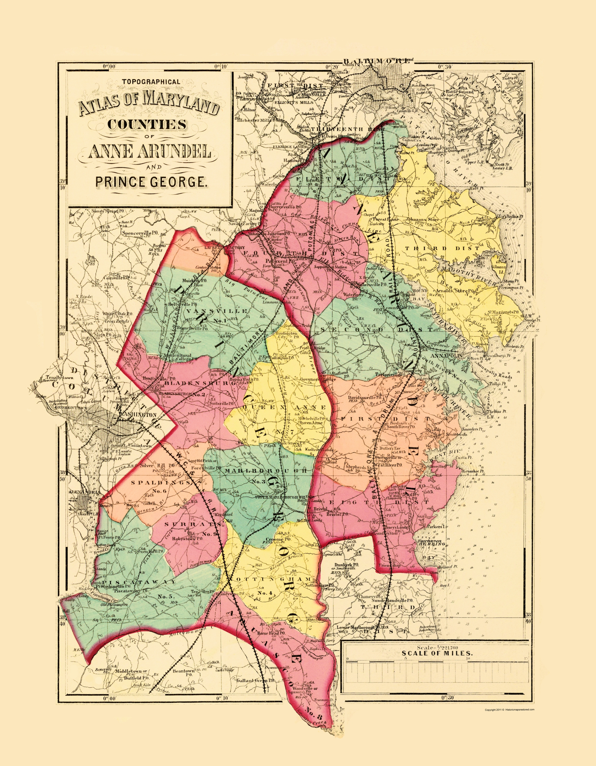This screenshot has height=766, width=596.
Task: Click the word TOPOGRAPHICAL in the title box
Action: click(x=151, y=82)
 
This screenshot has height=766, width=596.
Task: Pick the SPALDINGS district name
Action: click(x=161, y=483)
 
